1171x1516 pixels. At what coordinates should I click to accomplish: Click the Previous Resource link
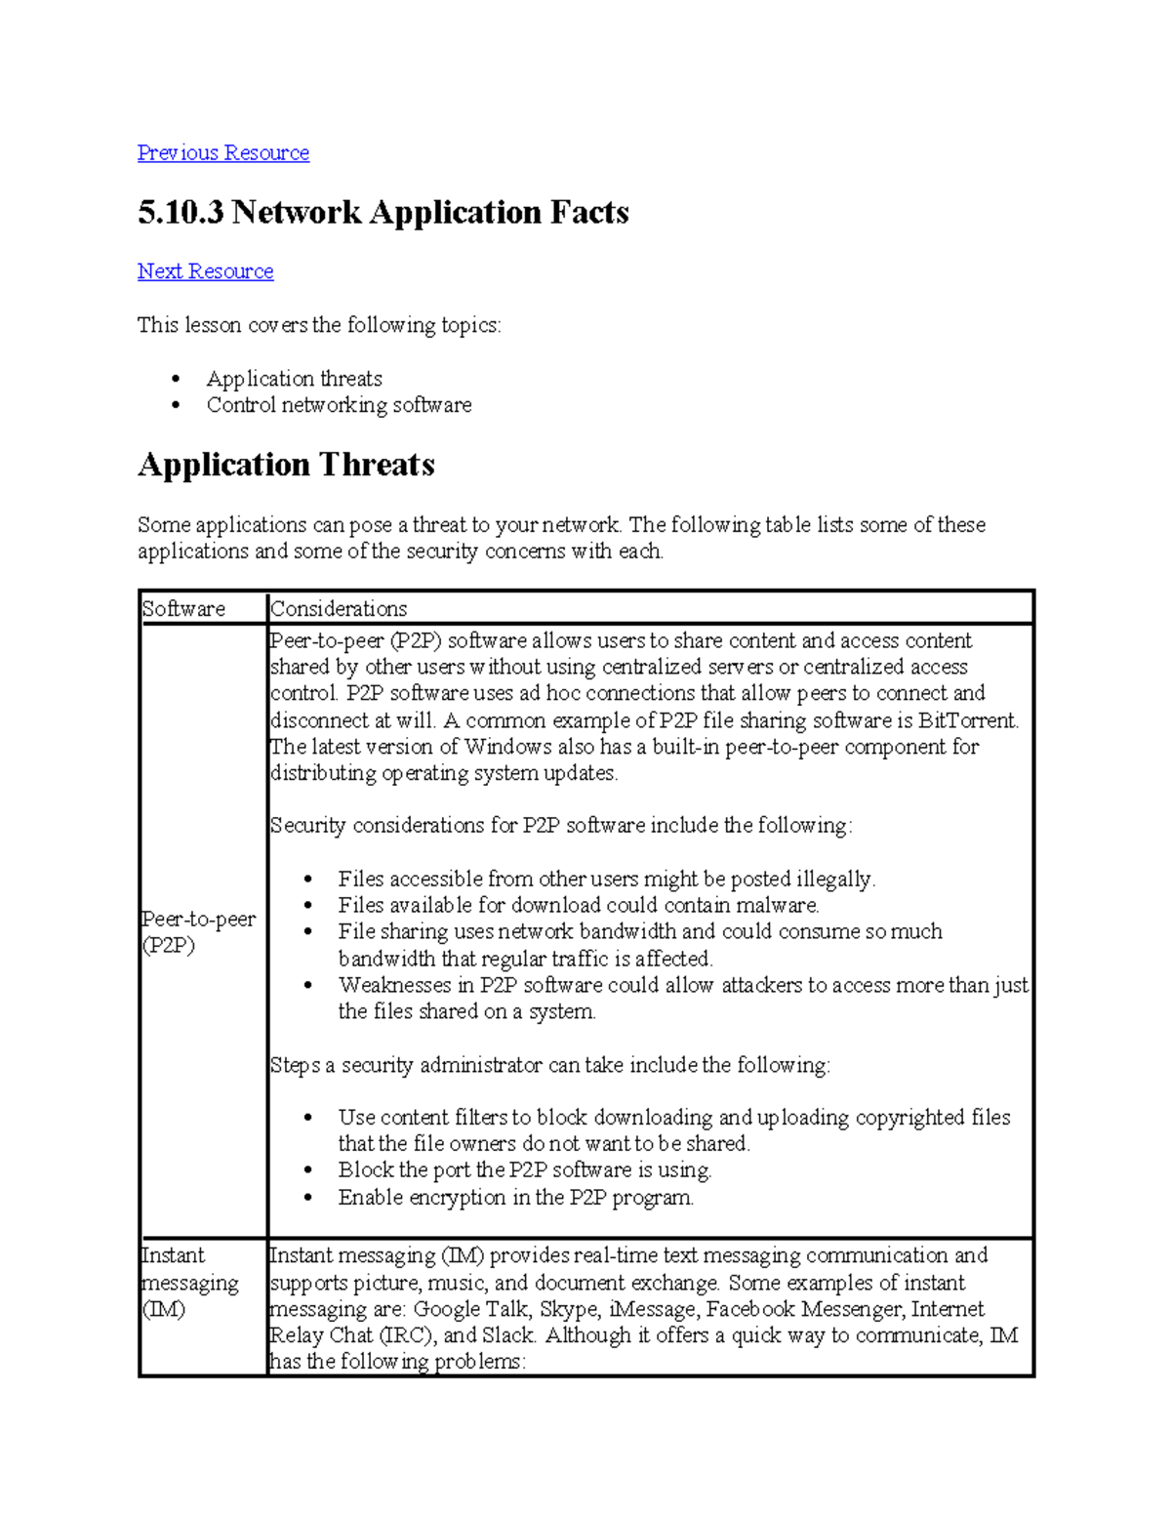[x=222, y=153]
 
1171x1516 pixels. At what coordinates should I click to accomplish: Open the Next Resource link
[x=205, y=271]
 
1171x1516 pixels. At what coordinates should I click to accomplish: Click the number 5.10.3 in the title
[x=181, y=213]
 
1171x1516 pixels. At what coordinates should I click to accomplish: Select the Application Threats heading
[x=286, y=465]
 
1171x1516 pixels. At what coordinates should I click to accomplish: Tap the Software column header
[x=183, y=609]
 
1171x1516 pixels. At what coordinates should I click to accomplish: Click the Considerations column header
[x=339, y=609]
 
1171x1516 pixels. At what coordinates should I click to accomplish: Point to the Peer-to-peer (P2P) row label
[x=198, y=932]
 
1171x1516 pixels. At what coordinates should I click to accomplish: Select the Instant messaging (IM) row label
[x=189, y=1282]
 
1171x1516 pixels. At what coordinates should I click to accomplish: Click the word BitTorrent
[x=968, y=720]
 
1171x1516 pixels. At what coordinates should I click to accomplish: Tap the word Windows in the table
[x=507, y=747]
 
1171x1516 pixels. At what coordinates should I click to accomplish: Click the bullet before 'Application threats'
[x=176, y=379]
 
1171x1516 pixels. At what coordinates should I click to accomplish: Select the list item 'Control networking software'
[x=339, y=405]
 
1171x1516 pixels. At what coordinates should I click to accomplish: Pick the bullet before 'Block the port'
[x=308, y=1169]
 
